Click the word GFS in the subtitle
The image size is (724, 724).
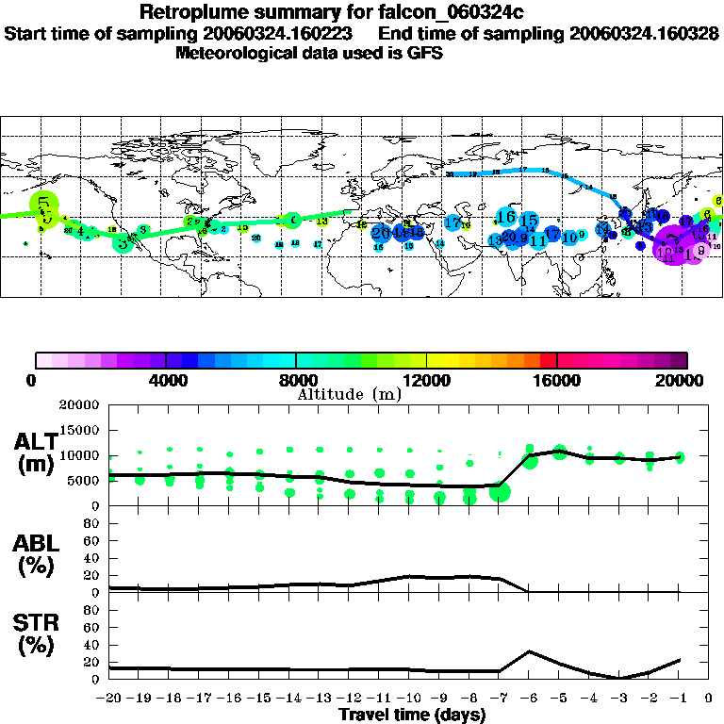(x=426, y=53)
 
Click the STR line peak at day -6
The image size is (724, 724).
(x=530, y=650)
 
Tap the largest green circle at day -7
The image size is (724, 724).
(x=500, y=491)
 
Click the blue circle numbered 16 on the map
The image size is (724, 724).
(x=506, y=216)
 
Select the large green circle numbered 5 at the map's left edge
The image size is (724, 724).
(x=43, y=203)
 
